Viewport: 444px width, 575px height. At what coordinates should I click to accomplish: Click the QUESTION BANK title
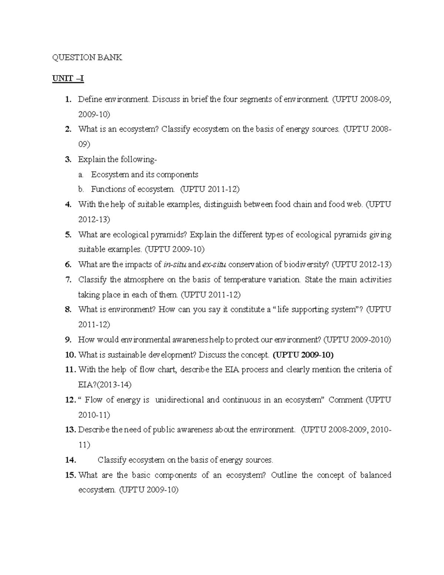pyautogui.click(x=87, y=57)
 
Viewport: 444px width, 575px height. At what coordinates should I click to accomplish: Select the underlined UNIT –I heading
pyautogui.click(x=68, y=79)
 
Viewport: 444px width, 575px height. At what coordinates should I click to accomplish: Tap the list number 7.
pyautogui.click(x=68, y=280)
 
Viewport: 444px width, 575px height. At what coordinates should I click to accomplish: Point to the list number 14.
pyautogui.click(x=70, y=460)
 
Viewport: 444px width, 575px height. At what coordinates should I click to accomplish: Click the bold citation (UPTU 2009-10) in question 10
pyautogui.click(x=303, y=355)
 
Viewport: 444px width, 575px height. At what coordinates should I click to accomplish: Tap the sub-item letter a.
pyautogui.click(x=80, y=174)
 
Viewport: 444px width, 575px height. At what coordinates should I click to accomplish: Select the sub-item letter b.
pyautogui.click(x=81, y=189)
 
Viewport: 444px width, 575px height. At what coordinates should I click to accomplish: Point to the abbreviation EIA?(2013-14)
pyautogui.click(x=105, y=384)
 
